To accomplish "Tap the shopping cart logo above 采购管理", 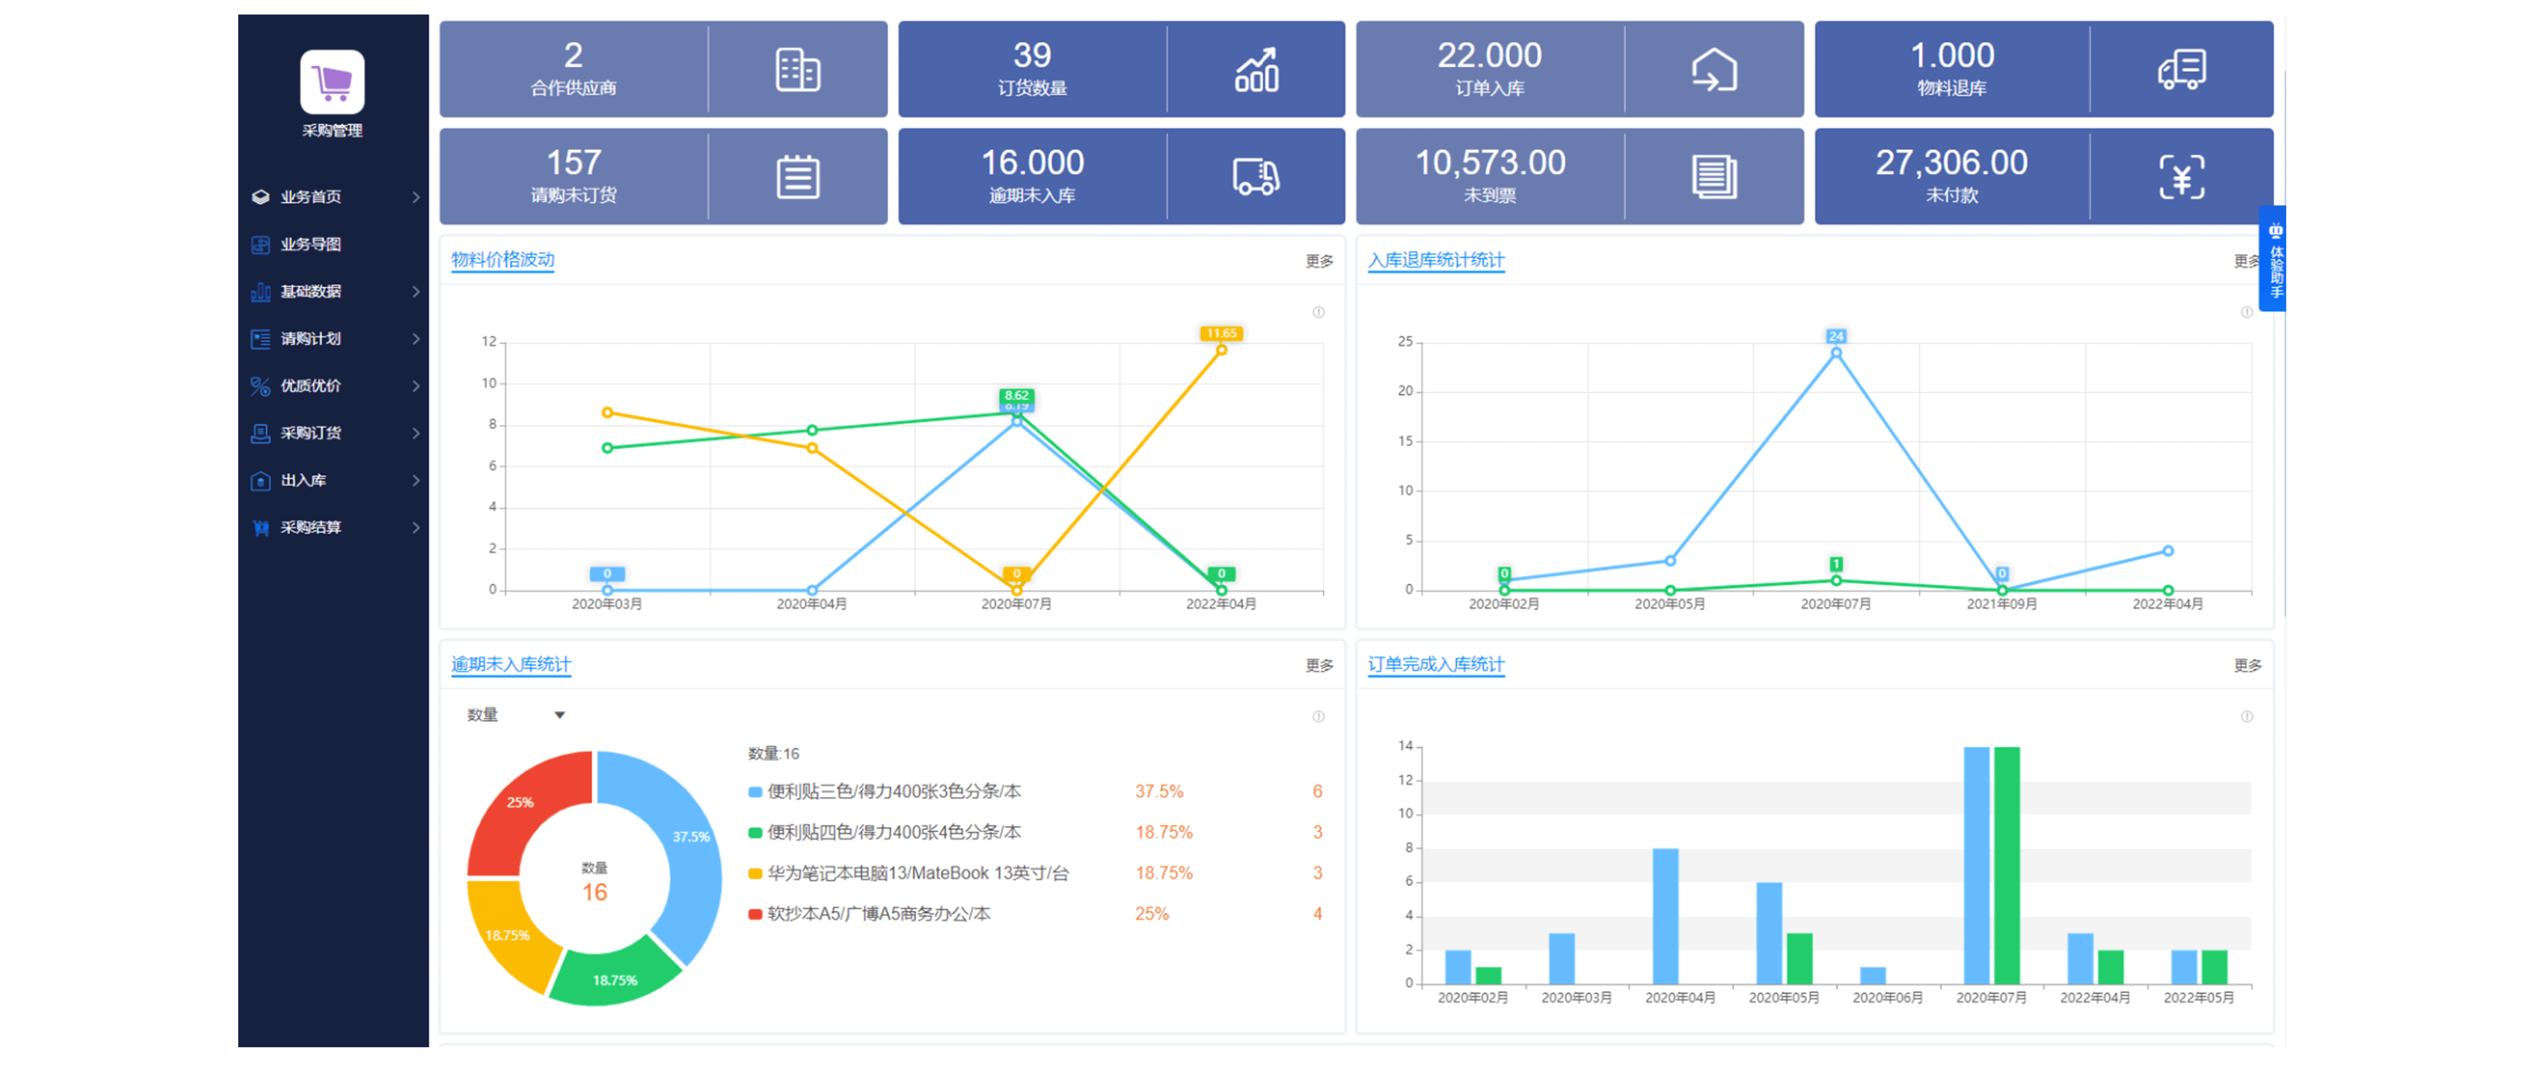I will point(332,83).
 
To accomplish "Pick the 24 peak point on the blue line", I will point(1836,352).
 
